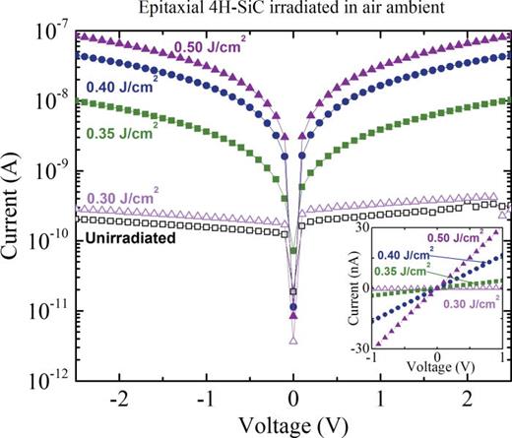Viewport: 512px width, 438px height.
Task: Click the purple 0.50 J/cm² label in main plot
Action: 211,46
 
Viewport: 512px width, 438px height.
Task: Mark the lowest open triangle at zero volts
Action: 293,341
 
